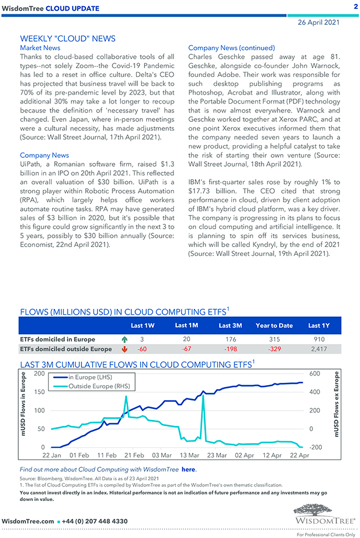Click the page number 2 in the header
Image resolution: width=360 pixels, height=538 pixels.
coord(355,7)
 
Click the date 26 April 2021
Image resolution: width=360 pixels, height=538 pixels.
coord(318,23)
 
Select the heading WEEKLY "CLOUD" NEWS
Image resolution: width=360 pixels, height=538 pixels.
coord(68,39)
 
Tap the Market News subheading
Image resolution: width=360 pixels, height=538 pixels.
coord(40,48)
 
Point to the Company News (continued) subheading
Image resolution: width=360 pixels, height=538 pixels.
coord(232,48)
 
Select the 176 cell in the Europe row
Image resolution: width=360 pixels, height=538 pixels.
coord(232,339)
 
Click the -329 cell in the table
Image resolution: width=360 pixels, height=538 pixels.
coord(275,349)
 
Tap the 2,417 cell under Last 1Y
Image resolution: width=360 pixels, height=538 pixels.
coord(318,349)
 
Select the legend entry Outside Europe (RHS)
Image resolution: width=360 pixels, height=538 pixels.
coord(99,386)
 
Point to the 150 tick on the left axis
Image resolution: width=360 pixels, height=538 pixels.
coord(39,392)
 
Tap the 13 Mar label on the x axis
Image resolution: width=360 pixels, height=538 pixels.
coord(189,455)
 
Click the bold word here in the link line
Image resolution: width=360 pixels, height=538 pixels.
coord(188,469)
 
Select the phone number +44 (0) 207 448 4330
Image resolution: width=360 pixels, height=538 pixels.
coord(95,521)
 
